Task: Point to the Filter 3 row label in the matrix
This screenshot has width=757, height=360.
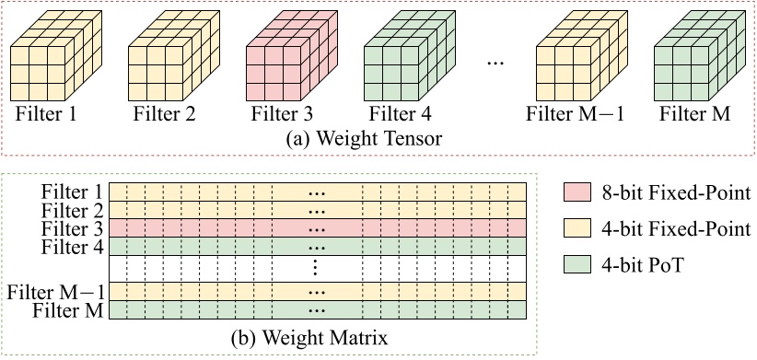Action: pyautogui.click(x=74, y=227)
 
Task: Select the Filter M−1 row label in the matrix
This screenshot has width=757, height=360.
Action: pyautogui.click(x=57, y=293)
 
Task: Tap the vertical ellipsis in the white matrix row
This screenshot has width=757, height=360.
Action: pyautogui.click(x=318, y=269)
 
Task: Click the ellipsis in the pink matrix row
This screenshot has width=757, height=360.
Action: pyautogui.click(x=318, y=228)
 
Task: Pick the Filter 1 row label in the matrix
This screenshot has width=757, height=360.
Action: pyautogui.click(x=74, y=192)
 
